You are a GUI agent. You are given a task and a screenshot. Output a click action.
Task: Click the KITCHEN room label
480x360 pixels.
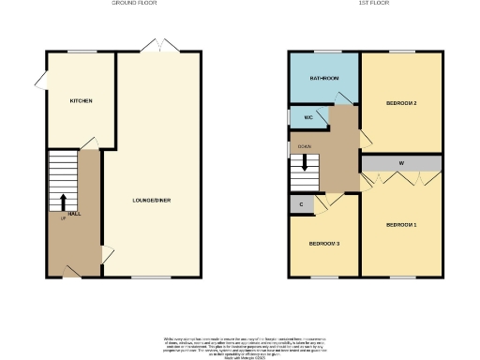(x=80, y=100)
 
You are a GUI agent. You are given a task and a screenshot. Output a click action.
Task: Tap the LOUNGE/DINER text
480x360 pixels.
(x=151, y=200)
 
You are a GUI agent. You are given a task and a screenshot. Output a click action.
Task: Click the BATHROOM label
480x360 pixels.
(x=323, y=79)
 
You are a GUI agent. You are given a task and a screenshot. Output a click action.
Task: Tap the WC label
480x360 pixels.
(x=307, y=118)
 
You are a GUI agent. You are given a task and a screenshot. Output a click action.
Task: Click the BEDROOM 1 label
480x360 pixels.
(x=401, y=225)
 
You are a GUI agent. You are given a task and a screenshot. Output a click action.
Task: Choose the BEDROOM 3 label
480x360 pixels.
(x=324, y=244)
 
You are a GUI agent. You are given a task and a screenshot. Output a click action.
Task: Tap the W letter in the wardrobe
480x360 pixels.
(x=401, y=164)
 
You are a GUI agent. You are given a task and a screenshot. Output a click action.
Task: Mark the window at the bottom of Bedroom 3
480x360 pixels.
(x=323, y=277)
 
